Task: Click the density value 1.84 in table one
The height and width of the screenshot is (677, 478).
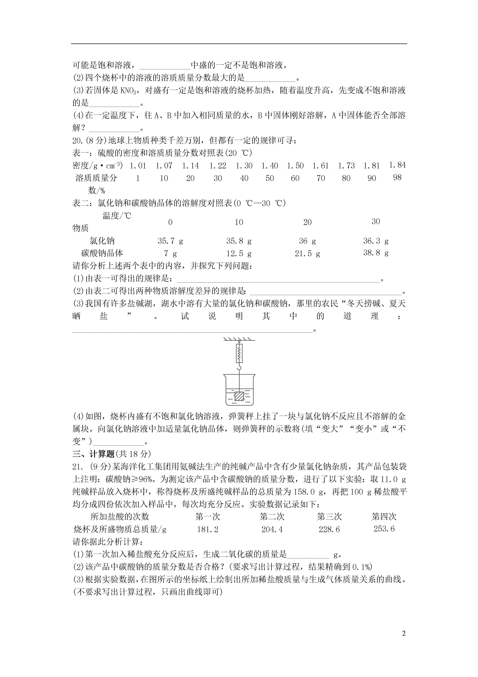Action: point(397,165)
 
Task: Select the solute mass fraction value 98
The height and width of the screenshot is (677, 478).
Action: point(397,177)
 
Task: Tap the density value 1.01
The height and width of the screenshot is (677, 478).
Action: point(138,166)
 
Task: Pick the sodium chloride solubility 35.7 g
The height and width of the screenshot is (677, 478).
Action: point(170,241)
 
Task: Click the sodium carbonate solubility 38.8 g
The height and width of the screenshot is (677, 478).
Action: point(376,253)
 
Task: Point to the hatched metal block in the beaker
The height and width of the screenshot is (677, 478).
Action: point(239,396)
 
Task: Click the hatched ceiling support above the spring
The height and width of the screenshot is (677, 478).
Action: point(239,339)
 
